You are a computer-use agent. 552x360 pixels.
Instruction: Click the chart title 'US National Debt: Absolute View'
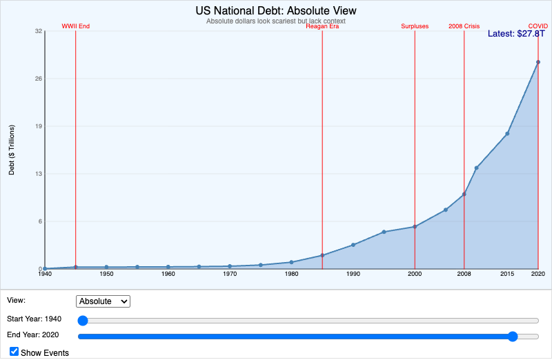click(x=276, y=11)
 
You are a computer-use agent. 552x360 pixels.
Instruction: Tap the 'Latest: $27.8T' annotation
click(x=517, y=33)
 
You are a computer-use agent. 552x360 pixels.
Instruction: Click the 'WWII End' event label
click(x=76, y=26)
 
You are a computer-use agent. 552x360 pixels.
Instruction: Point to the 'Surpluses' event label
click(x=415, y=26)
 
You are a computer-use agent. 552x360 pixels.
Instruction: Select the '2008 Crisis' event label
click(x=464, y=26)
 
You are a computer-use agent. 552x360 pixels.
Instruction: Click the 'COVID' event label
click(x=538, y=26)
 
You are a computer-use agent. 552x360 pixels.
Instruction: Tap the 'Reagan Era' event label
click(x=322, y=26)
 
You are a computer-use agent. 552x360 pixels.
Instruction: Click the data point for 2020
click(x=538, y=62)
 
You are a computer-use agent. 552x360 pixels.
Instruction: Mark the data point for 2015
click(x=507, y=133)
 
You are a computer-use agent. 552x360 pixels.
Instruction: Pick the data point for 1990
click(x=353, y=245)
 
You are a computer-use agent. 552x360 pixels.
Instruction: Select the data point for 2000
click(x=415, y=227)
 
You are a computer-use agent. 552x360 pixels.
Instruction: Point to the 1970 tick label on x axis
click(x=230, y=274)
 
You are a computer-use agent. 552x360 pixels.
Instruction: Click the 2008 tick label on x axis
click(x=464, y=274)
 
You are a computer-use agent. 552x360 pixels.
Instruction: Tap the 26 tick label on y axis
click(x=39, y=79)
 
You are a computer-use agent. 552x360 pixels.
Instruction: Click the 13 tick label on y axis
click(x=39, y=174)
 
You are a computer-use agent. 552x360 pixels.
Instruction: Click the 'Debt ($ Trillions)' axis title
click(x=12, y=150)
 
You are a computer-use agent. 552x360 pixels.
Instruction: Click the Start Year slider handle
click(x=83, y=320)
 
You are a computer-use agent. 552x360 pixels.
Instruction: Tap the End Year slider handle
click(x=513, y=337)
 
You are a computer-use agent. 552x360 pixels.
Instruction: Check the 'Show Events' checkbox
click(x=14, y=352)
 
